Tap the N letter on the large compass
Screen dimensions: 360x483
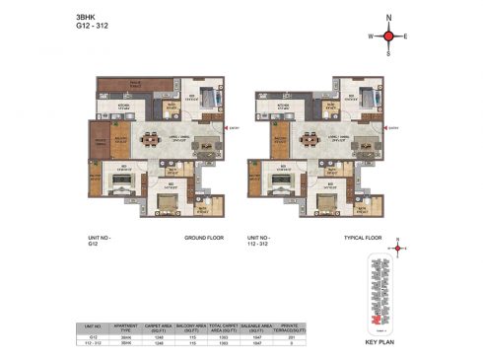389,18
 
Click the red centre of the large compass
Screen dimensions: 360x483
389,36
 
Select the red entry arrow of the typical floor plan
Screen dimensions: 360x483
384,128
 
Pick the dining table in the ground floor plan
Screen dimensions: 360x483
151,140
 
